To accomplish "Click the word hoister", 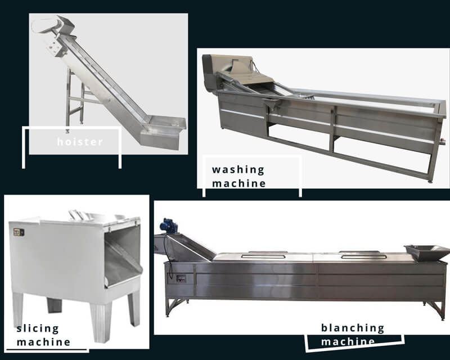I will [x=80, y=142].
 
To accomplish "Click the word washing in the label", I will [x=238, y=169].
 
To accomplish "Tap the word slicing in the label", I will [x=37, y=328].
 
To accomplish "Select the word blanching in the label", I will [x=353, y=328].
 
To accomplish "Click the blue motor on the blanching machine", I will [x=168, y=226].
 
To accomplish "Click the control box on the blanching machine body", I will [x=181, y=278].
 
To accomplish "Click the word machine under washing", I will [x=239, y=183].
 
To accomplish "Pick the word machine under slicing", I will [x=44, y=341].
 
